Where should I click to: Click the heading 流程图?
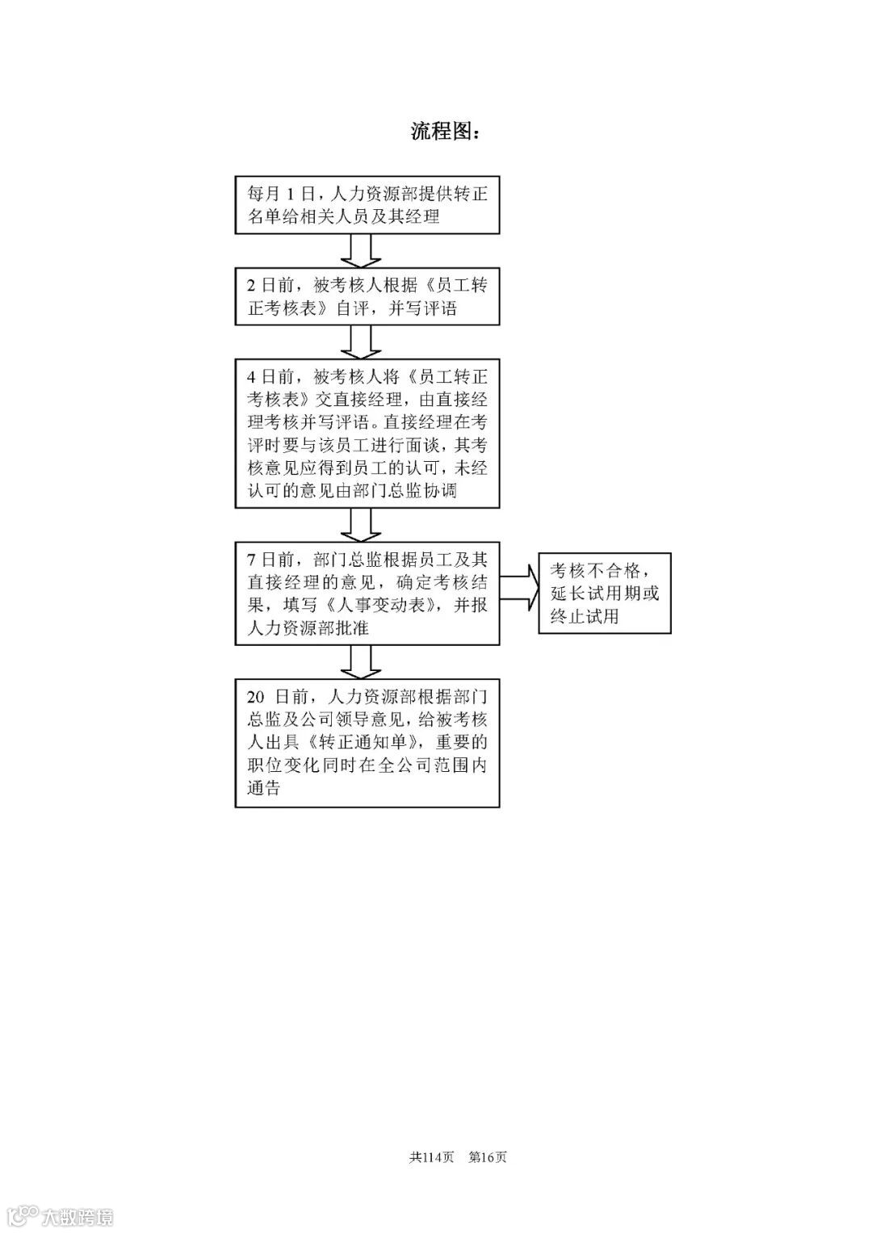tap(445, 132)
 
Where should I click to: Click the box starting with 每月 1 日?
tap(367, 205)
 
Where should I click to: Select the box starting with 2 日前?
tap(367, 296)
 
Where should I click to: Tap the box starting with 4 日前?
tap(367, 434)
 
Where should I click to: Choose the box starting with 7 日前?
tap(367, 593)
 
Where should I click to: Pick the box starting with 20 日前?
tap(367, 743)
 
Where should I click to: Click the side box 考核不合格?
tap(605, 593)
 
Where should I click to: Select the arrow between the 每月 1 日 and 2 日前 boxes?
tap(360, 250)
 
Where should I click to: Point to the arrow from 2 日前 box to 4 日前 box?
tap(360, 342)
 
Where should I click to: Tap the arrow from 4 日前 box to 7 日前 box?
tap(360, 525)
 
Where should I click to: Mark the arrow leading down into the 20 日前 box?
tap(360, 662)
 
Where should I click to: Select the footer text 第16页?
tap(488, 1157)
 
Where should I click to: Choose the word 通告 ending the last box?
tap(264, 789)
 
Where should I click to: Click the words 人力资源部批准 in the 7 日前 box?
tap(308, 628)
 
